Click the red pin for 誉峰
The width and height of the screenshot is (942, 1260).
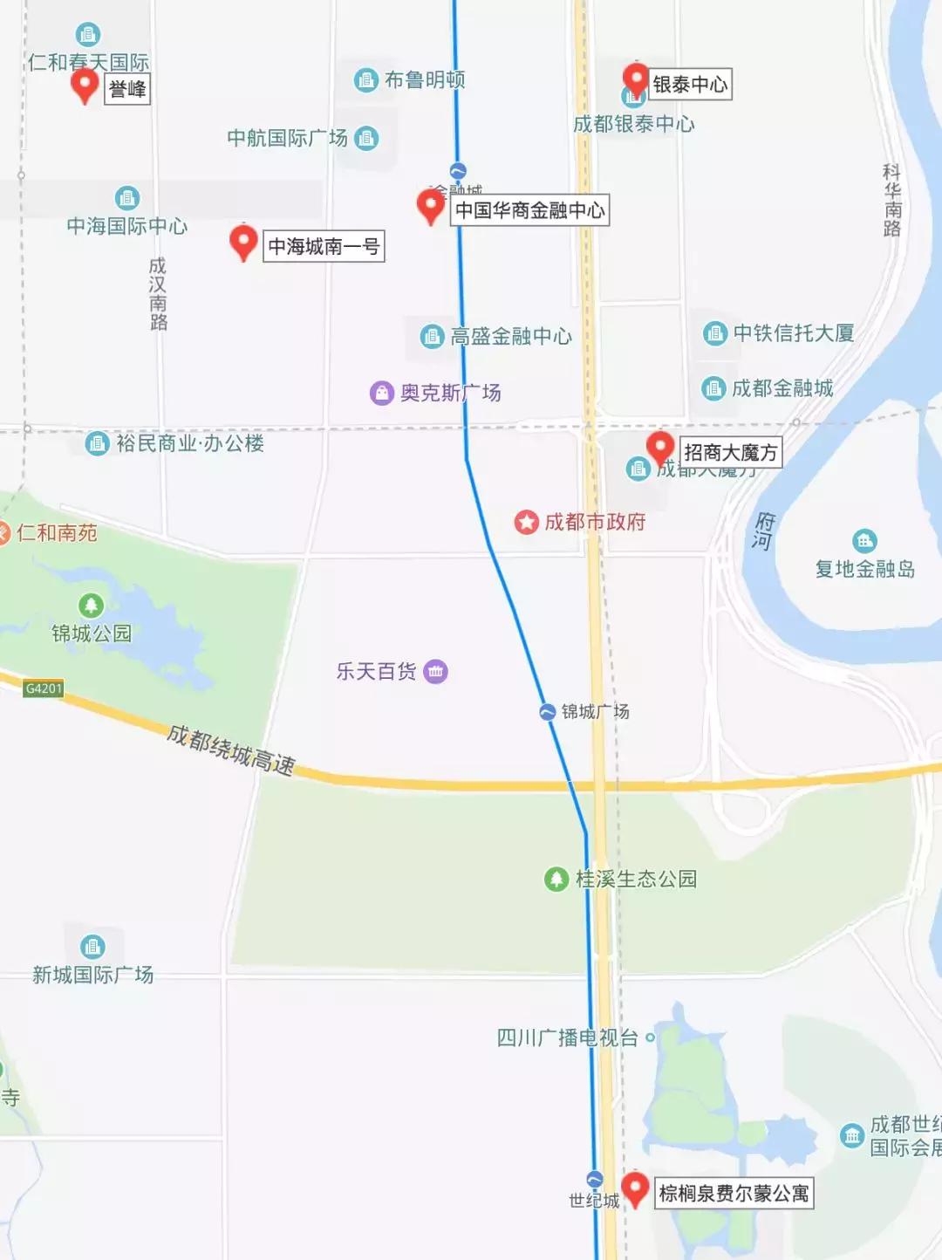(85, 86)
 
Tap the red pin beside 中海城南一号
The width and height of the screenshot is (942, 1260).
(243, 242)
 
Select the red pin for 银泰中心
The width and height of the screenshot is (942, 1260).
(636, 79)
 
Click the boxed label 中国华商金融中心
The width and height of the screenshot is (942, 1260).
(529, 210)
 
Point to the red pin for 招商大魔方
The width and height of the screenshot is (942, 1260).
(660, 448)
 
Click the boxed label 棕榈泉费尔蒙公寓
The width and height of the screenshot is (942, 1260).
(734, 1193)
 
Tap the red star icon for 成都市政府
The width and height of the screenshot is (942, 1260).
(527, 523)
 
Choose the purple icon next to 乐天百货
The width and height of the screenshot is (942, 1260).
(435, 671)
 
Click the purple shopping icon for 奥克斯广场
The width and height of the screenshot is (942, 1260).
(382, 393)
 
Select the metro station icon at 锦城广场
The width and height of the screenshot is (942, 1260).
(548, 712)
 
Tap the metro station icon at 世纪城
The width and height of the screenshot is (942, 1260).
(595, 1180)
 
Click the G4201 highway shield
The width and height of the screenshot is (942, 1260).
(44, 688)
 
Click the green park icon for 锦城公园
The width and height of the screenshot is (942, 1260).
(92, 605)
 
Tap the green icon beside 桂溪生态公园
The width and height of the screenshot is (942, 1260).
(556, 879)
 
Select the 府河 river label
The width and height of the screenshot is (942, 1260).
(764, 531)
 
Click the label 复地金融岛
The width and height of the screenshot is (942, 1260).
(864, 569)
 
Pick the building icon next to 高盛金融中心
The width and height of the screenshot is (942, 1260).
(432, 336)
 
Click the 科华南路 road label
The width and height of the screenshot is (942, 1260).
(891, 200)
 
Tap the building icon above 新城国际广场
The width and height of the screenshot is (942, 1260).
(92, 947)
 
